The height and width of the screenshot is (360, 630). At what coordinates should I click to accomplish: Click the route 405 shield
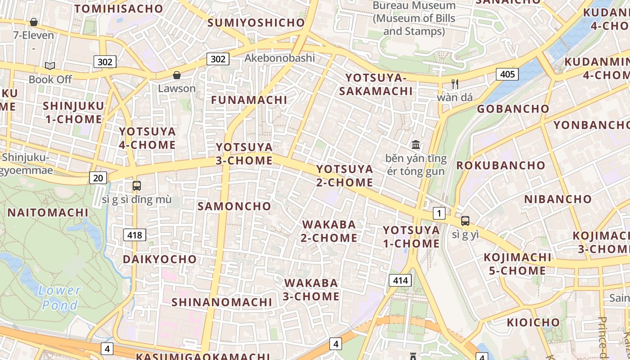[507, 74]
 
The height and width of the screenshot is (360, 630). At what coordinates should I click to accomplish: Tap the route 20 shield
[98, 178]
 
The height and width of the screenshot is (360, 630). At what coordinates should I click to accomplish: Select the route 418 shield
[135, 234]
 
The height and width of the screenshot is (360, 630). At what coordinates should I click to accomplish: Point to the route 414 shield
[400, 281]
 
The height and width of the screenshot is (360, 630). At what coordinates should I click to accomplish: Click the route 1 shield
[439, 213]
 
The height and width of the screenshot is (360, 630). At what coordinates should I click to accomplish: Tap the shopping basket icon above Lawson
[177, 75]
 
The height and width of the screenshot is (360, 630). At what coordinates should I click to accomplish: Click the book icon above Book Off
[50, 66]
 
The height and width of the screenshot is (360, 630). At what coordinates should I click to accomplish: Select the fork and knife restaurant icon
[455, 84]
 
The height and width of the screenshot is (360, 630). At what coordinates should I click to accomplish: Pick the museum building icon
[416, 145]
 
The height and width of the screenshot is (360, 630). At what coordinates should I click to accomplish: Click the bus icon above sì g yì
[465, 221]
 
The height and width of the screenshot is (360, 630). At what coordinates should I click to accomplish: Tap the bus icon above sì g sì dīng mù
[137, 185]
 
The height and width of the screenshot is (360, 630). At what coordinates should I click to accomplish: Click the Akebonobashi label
[279, 58]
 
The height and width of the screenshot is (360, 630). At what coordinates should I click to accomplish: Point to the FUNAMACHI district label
[249, 100]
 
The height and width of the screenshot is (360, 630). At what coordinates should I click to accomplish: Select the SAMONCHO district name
[234, 206]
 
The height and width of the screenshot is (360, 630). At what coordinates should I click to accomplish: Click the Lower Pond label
[60, 298]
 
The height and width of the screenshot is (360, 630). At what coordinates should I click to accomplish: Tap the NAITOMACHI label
[48, 212]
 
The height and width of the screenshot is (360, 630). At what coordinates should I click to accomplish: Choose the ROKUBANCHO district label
[501, 165]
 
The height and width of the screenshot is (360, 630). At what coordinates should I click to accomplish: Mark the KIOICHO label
[533, 322]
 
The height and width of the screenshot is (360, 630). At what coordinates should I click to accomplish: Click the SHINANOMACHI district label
[222, 302]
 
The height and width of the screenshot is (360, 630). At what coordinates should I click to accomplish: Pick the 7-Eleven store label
[33, 35]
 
